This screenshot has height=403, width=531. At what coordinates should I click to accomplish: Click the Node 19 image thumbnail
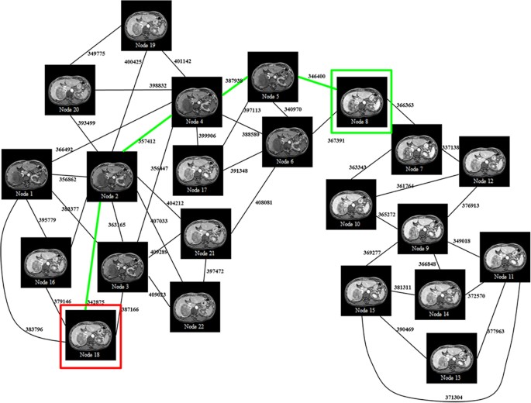147,27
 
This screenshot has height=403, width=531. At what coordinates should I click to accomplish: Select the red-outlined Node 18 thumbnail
89,336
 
